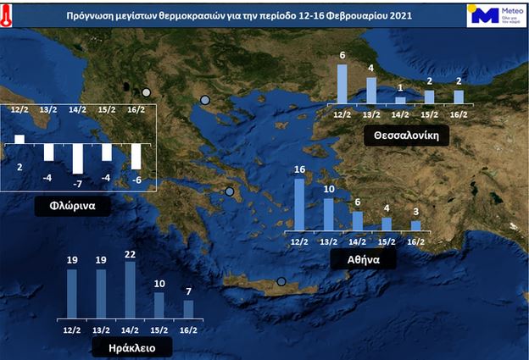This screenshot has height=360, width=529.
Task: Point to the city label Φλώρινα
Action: [x=65, y=206]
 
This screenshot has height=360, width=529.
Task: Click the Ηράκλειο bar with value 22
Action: [x=130, y=289]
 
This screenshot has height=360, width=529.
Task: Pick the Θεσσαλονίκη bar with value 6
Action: [x=342, y=84]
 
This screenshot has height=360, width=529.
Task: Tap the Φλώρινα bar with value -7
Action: [x=77, y=158]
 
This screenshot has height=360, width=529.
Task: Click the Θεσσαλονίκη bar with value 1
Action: [x=400, y=100]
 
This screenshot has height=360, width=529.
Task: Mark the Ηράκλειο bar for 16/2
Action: [x=188, y=308]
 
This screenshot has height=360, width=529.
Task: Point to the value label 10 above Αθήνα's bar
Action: [x=329, y=189]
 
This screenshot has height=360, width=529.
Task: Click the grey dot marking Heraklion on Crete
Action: [x=281, y=282]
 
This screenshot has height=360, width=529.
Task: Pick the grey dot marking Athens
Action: [x=229, y=192]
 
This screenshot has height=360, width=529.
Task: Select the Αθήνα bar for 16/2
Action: [x=415, y=225]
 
